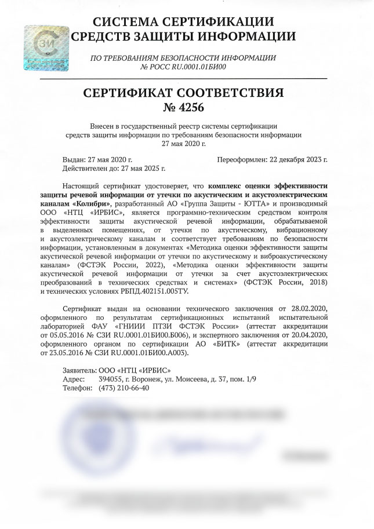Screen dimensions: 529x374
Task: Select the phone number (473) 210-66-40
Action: (x=120, y=388)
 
